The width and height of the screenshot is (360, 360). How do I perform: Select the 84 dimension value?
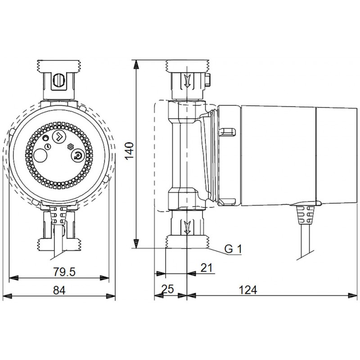click(x=59, y=290)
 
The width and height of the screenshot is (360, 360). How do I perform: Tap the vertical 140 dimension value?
click(x=129, y=151)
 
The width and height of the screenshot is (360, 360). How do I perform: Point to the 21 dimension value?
click(x=207, y=268)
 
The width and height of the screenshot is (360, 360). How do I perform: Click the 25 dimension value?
click(x=168, y=289)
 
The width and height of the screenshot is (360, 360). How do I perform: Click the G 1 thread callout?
click(x=233, y=249)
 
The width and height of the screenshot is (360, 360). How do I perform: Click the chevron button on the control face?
click(x=59, y=137)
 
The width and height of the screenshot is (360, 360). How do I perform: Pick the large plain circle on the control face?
click(x=40, y=155)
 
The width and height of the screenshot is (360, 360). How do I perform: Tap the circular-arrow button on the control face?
click(x=78, y=156)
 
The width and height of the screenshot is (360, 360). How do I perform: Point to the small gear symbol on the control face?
click(x=69, y=147)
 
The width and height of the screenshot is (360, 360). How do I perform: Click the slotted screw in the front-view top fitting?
click(x=59, y=81)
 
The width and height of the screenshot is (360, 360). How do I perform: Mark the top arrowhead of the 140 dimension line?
click(x=136, y=64)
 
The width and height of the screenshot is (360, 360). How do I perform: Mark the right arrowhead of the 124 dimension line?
click(x=353, y=296)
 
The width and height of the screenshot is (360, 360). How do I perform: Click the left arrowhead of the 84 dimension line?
click(x=7, y=296)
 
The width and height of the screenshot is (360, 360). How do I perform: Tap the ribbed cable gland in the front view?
click(x=58, y=213)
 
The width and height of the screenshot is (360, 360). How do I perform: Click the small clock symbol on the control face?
click(x=48, y=146)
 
